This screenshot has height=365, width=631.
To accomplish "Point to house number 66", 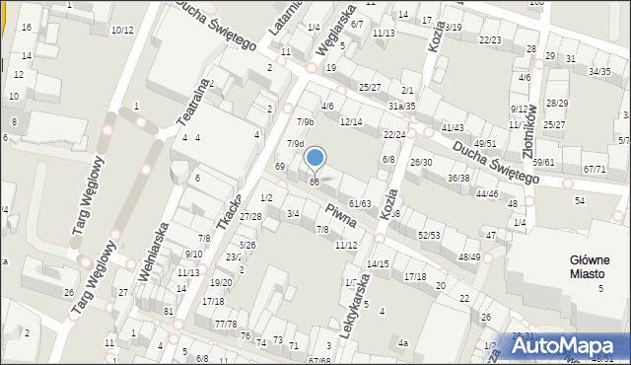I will pos(315,182).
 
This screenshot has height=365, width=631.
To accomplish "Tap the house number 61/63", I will pos(360,203).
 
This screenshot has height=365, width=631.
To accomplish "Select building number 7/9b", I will pos(306,121).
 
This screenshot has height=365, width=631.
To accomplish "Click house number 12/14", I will pos(351,121).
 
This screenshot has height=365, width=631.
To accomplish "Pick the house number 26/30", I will pos(421,162).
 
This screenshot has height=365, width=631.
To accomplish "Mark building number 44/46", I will pos(486,194).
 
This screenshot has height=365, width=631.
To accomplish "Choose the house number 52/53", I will pos(428,235).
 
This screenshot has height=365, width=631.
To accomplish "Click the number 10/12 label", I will pos(122,31).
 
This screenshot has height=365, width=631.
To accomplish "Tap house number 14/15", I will pos(378,264).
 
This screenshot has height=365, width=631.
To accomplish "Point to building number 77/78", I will pos(226,324).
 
